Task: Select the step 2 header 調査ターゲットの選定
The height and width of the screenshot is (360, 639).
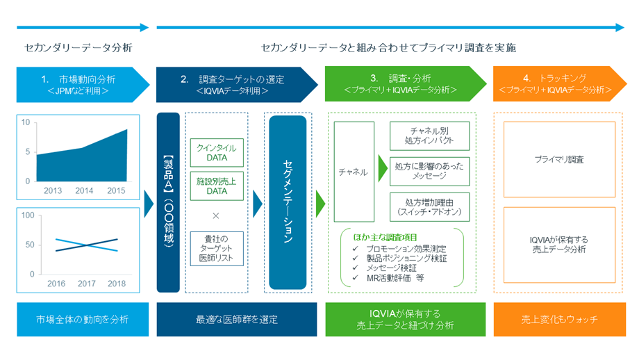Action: point(237,84)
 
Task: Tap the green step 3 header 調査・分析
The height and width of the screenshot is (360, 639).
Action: point(406,83)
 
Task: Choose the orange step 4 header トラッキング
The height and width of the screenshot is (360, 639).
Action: point(560,83)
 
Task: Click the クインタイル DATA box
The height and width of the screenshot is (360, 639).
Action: point(217,152)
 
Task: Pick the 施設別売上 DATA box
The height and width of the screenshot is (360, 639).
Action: point(217,186)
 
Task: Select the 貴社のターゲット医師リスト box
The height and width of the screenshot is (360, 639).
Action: point(217,249)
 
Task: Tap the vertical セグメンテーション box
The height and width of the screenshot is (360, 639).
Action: point(288,202)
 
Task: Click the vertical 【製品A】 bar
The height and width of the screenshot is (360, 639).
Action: point(168,202)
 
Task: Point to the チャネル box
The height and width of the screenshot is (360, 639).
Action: point(354,172)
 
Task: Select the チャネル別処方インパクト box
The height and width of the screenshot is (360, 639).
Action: point(429,136)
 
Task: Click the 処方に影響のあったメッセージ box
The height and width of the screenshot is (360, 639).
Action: point(429,171)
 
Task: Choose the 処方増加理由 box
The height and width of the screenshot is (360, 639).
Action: point(429,206)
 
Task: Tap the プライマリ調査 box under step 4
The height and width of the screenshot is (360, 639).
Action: point(559,159)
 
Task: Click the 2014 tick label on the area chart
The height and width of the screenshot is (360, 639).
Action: point(84,190)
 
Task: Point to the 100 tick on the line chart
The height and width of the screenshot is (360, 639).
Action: point(28,215)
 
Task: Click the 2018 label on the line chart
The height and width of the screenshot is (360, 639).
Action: point(117,284)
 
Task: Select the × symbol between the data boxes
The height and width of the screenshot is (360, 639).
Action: point(216,215)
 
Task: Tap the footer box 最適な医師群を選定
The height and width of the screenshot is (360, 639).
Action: point(237,319)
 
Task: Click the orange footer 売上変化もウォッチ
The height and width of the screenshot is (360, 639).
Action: point(560,319)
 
